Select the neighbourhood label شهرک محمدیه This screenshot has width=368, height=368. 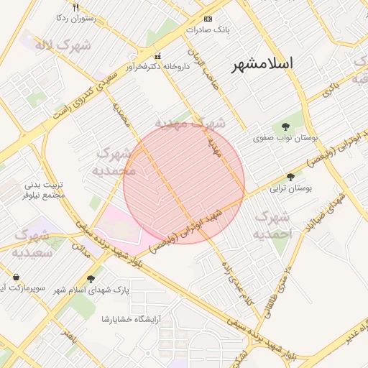point(116,162)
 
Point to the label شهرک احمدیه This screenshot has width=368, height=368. point(274,225)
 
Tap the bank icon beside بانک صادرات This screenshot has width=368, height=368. point(208,19)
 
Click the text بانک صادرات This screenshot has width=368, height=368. point(206,30)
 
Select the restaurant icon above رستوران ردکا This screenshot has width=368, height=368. point(76,7)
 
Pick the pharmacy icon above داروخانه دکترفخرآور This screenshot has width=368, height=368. point(158,56)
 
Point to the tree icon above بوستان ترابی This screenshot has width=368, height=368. point(291,177)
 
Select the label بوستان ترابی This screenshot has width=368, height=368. point(292,189)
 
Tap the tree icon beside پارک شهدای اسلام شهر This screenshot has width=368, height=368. point(90,279)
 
